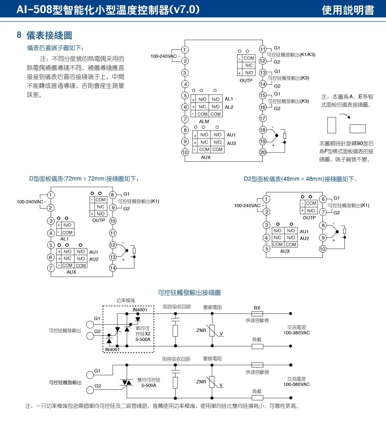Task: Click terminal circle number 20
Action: (x=262, y=152)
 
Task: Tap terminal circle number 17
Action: (x=262, y=118)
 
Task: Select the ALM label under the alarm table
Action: (x=204, y=121)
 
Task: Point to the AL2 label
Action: (x=229, y=107)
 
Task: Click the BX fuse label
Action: (x=257, y=308)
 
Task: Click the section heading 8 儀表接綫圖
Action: (x=44, y=35)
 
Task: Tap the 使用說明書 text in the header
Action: (x=348, y=10)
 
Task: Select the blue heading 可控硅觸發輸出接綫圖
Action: (x=189, y=292)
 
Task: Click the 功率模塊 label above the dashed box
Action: (x=126, y=300)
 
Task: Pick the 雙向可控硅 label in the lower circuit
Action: (x=149, y=380)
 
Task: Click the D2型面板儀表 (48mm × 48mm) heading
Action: (x=300, y=179)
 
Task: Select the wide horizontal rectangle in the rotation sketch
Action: (x=358, y=129)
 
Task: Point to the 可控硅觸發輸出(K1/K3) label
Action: (x=291, y=55)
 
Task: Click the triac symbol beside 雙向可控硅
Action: (x=127, y=382)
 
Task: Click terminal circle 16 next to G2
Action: (x=262, y=107)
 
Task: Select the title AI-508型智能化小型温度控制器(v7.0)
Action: (x=108, y=10)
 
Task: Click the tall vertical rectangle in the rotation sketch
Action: (x=331, y=125)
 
